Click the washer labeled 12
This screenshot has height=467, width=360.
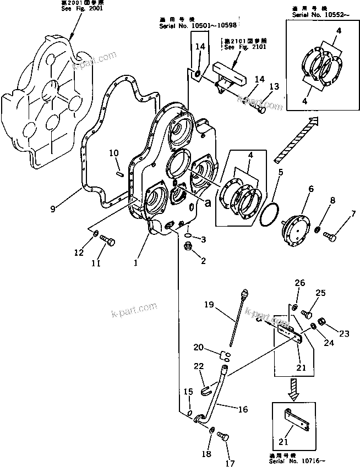coord(94,235)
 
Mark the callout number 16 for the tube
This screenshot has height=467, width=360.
coord(243,409)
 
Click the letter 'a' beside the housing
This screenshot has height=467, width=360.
coord(208,202)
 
